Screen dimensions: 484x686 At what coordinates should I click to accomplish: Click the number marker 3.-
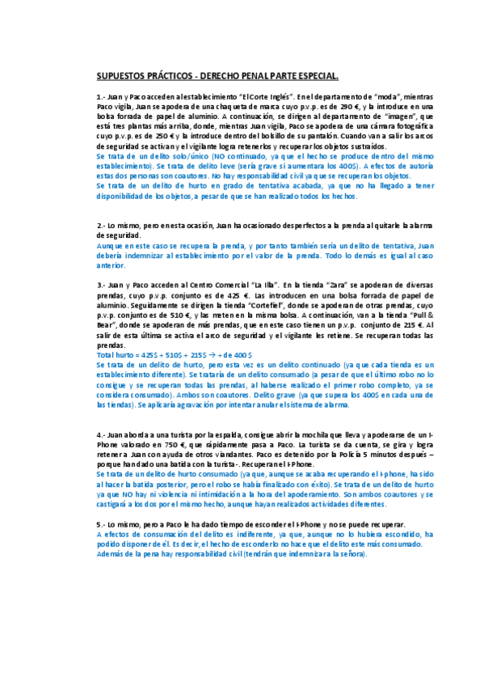click(x=101, y=285)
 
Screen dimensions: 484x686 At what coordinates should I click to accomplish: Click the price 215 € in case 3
click(x=413, y=324)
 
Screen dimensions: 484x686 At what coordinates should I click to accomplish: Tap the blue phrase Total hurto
click(x=116, y=354)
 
